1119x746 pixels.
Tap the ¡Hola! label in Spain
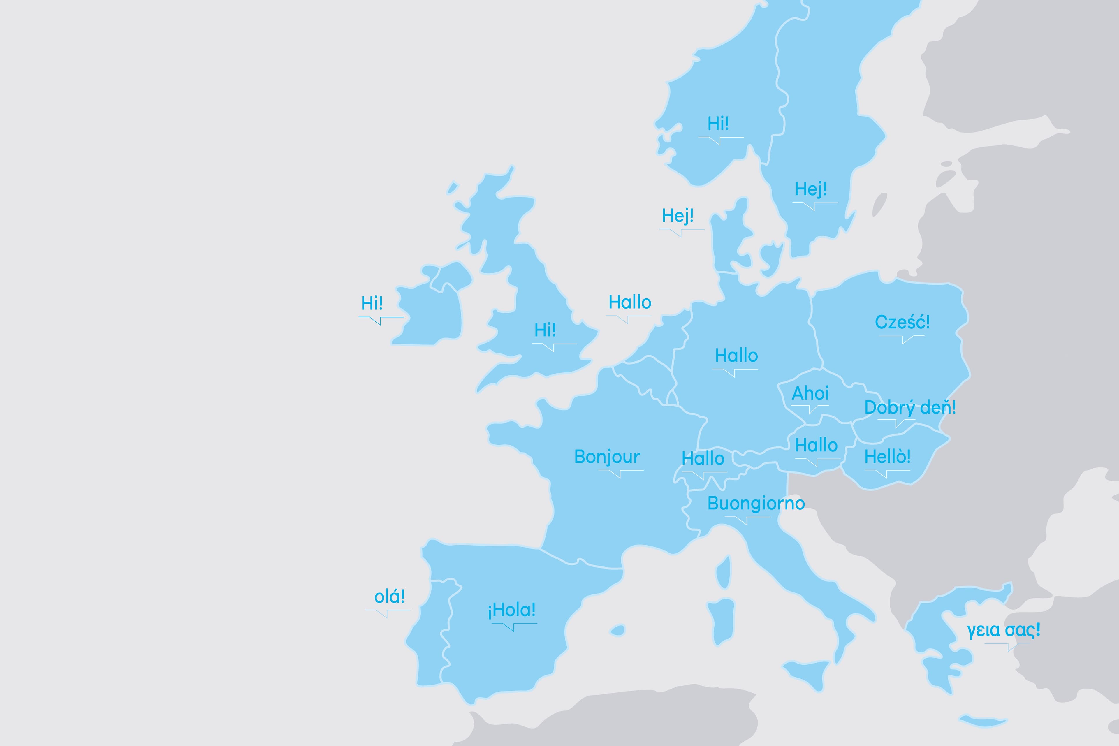click(511, 610)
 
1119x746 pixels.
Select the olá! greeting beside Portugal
click(389, 597)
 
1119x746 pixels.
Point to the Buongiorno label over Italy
click(756, 503)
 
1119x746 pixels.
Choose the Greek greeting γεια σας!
click(1003, 630)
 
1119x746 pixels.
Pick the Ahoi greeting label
click(810, 393)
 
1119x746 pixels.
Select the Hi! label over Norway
click(718, 124)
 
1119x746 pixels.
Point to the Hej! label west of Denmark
click(678, 216)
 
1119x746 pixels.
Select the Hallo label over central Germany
click(736, 356)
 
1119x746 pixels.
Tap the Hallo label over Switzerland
click(703, 459)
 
